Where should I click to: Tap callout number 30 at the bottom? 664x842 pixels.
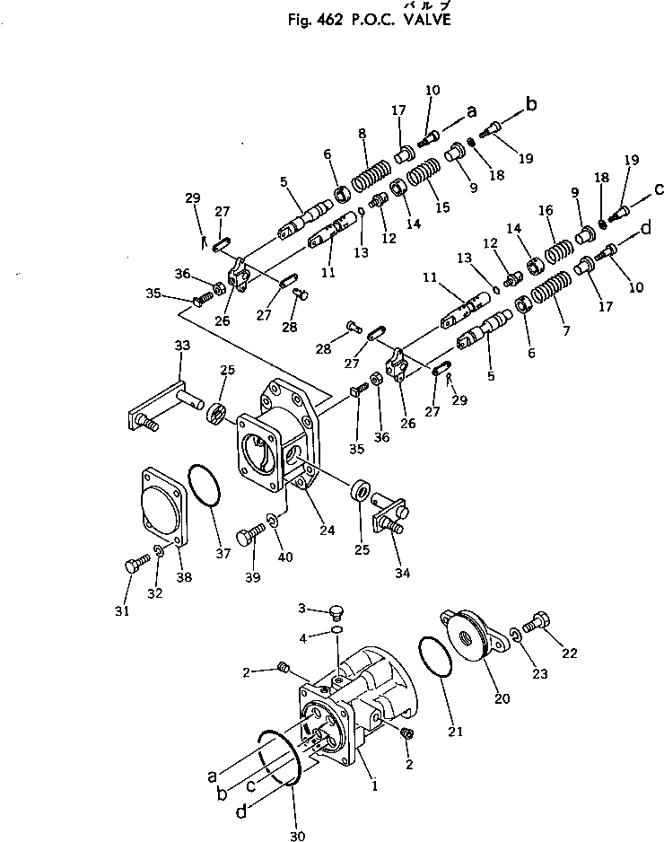click(297, 837)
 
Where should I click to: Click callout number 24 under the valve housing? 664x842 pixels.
click(328, 531)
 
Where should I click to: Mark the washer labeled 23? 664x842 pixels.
click(516, 635)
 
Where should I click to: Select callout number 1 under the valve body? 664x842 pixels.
click(373, 783)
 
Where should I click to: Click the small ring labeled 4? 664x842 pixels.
click(336, 631)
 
